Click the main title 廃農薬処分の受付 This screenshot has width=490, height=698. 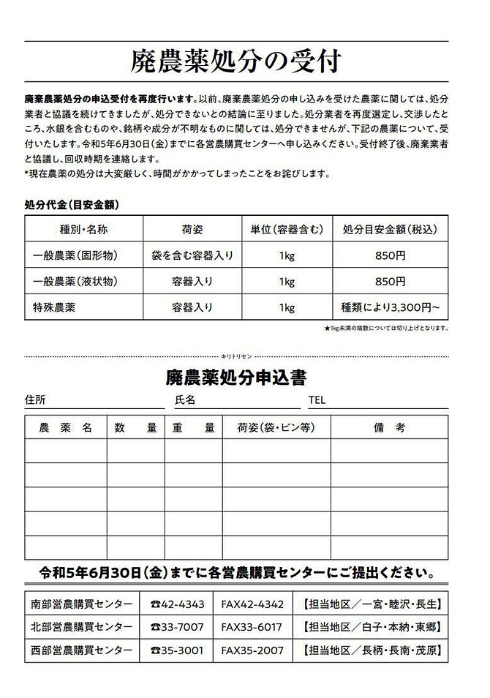pos(236,61)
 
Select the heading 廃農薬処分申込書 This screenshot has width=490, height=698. pos(235,378)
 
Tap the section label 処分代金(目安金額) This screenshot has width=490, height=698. pos(72,203)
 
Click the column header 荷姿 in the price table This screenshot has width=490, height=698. pos(192,229)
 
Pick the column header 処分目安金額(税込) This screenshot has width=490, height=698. pos(390,229)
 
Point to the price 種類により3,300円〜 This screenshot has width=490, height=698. pos(390,307)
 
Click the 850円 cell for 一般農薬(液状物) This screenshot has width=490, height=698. pos(390,281)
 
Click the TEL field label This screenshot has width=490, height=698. pos(317,400)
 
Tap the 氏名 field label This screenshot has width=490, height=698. pos(185,400)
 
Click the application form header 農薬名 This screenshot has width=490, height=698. pos(65,428)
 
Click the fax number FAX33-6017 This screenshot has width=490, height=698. pos(252,627)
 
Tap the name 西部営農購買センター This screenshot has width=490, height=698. pos(82,650)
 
